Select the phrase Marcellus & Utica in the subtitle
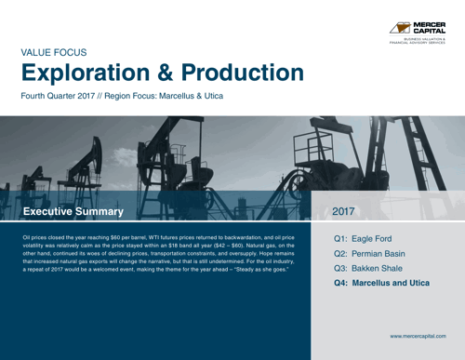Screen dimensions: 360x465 tap(204, 98)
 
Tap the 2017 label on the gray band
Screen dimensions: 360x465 tap(345, 212)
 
